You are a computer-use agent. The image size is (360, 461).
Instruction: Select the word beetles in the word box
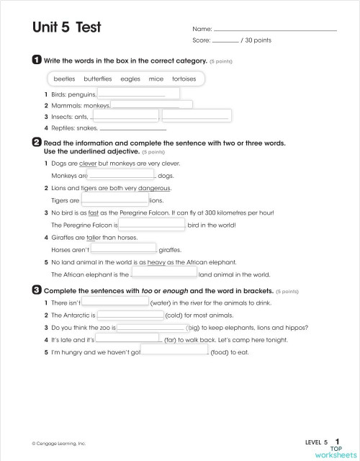point(65,79)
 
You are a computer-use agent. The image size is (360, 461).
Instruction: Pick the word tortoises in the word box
point(184,79)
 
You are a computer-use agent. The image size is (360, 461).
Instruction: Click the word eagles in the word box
point(130,79)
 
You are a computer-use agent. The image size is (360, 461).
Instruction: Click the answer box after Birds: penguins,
point(138,93)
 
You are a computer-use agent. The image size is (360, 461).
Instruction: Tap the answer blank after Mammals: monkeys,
point(150,105)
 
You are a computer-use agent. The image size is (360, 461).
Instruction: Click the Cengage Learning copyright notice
point(58,443)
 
